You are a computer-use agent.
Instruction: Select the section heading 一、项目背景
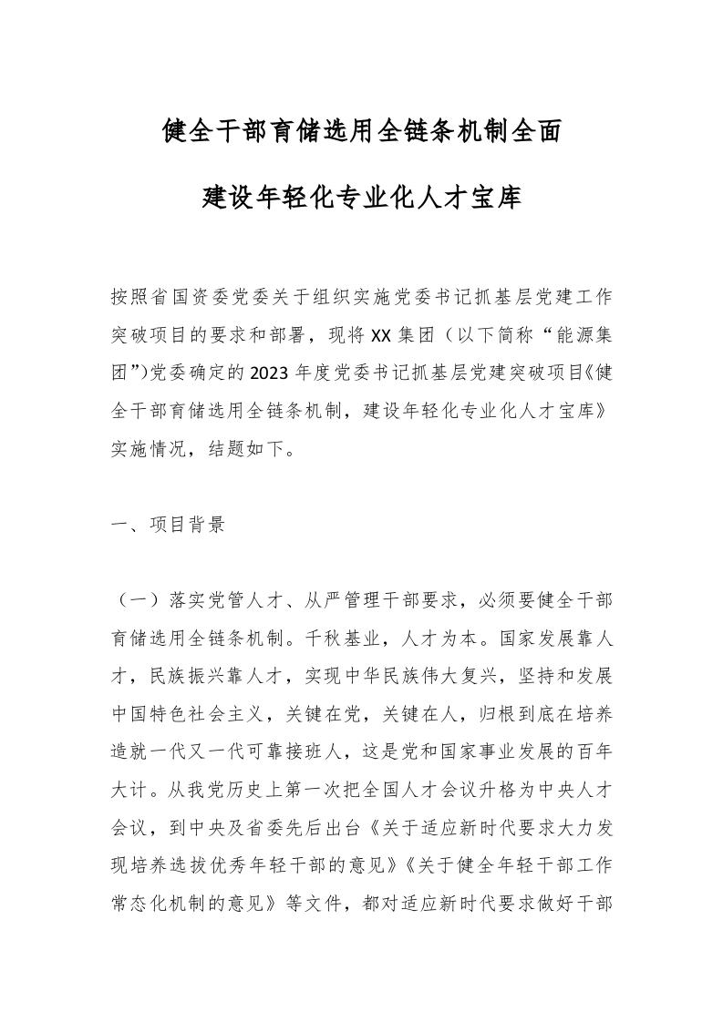click(168, 526)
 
